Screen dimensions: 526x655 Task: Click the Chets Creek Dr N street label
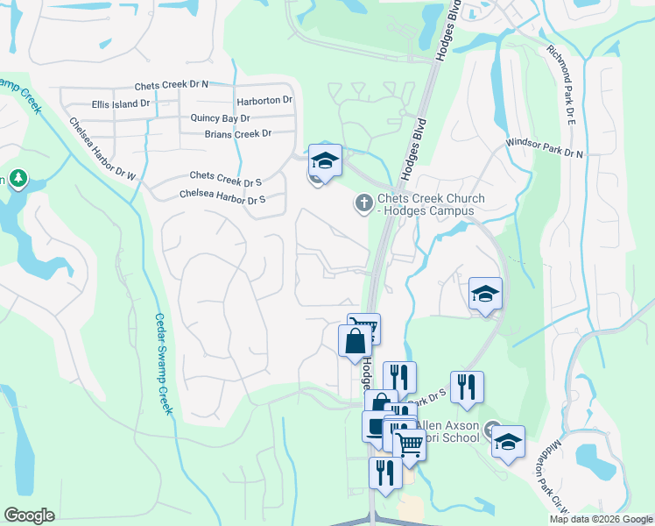(x=171, y=86)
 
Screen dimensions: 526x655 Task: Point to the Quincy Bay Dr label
(x=220, y=117)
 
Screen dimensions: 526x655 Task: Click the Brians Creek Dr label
(x=237, y=134)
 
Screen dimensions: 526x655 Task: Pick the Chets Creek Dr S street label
(x=226, y=178)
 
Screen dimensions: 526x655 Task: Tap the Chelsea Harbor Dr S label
(x=222, y=195)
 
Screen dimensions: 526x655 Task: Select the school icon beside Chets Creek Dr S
(x=324, y=160)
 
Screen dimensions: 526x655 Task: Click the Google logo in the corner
(x=30, y=515)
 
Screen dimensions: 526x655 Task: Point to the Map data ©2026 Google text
(x=601, y=519)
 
